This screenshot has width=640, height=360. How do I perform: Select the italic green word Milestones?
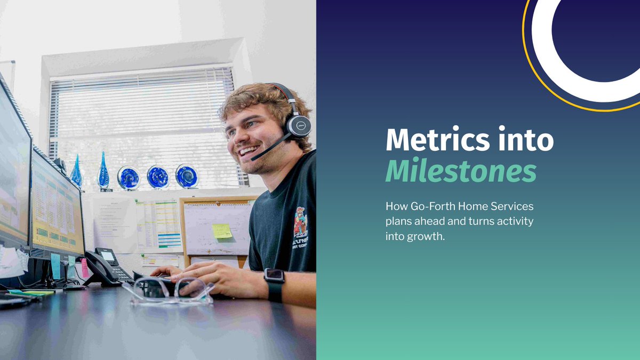coord(461,172)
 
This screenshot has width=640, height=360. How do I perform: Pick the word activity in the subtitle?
coord(515,221)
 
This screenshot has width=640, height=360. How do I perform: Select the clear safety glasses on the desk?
coord(168,292)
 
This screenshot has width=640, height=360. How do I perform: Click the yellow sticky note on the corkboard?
coord(222,231)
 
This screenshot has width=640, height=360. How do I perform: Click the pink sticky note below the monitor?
coord(84,268)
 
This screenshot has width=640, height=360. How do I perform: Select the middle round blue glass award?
coord(158,177)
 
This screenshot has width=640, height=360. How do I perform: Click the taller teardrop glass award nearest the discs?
coord(103,171)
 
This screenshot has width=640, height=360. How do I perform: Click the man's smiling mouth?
coord(248,151)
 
